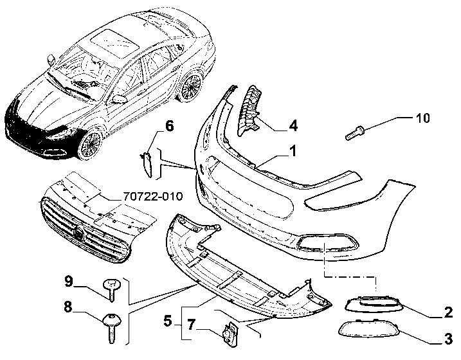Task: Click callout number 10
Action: tap(423, 118)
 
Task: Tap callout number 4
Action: tap(293, 125)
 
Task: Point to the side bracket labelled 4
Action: tap(249, 111)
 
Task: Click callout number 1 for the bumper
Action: tap(293, 151)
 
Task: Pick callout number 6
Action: tap(169, 126)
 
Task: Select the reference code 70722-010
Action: tap(152, 196)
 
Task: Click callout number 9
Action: tap(68, 281)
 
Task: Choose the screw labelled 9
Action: tap(111, 291)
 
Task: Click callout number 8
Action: tap(68, 307)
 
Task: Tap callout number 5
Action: tap(168, 321)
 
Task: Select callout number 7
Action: tap(191, 325)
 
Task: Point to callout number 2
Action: tap(448, 312)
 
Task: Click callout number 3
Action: tap(448, 339)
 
